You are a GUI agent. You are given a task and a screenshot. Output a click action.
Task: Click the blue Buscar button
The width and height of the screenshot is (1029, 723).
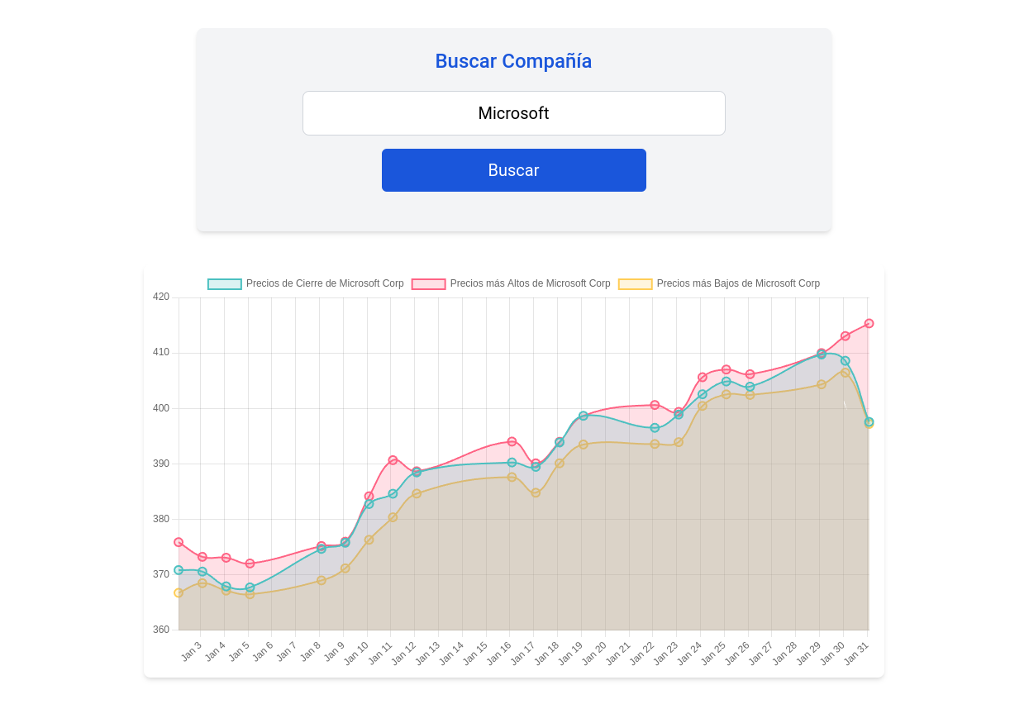click(x=513, y=170)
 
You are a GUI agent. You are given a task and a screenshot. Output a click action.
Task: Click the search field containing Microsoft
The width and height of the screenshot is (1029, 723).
click(x=513, y=113)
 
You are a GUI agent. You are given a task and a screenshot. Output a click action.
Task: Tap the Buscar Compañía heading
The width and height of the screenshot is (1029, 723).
click(x=513, y=61)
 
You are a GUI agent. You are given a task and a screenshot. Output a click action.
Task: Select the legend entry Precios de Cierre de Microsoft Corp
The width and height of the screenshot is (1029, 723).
click(x=306, y=283)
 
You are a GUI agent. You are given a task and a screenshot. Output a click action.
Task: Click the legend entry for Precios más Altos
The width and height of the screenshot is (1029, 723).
click(x=511, y=283)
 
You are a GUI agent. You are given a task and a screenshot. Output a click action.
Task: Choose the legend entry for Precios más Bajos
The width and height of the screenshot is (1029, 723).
click(x=719, y=283)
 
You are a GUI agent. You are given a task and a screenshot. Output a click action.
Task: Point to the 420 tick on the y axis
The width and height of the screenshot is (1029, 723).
click(x=161, y=297)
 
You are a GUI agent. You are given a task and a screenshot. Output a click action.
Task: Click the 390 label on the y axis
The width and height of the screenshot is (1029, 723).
click(x=161, y=464)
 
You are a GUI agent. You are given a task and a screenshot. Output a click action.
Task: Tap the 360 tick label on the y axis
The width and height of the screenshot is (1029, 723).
click(x=161, y=630)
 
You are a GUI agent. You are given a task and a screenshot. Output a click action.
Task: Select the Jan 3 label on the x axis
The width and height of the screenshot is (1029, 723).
click(x=192, y=650)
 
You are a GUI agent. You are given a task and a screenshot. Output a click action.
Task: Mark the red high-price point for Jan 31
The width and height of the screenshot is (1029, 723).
click(x=869, y=324)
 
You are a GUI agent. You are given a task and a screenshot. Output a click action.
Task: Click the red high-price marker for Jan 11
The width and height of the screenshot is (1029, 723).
click(x=393, y=460)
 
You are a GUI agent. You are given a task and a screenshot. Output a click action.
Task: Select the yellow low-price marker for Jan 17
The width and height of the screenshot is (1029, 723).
click(x=536, y=493)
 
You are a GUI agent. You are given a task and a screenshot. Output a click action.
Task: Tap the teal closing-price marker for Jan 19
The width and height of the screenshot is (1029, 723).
click(x=584, y=416)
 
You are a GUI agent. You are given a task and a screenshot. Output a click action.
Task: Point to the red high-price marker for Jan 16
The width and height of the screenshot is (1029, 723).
click(x=512, y=441)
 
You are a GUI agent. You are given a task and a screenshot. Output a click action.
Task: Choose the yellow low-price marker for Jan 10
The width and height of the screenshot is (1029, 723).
click(x=369, y=540)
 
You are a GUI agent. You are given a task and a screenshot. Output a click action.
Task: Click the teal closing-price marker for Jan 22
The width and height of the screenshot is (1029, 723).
click(x=655, y=428)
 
